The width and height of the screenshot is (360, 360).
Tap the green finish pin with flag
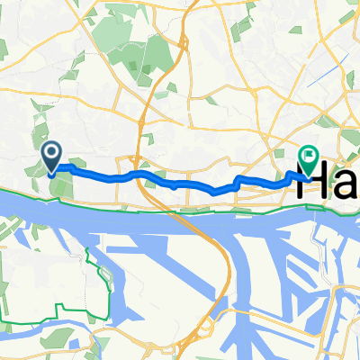click(x=308, y=161)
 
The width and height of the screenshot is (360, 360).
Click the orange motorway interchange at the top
click(x=184, y=36)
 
